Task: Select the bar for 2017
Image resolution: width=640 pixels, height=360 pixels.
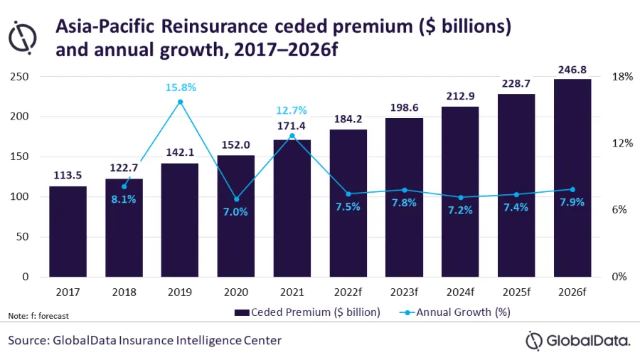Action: pyautogui.click(x=68, y=231)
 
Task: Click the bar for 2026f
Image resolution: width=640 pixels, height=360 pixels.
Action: pyautogui.click(x=572, y=178)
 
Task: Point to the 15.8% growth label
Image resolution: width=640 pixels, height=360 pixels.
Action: pyautogui.click(x=180, y=88)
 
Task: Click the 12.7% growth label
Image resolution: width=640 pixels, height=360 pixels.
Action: pyautogui.click(x=292, y=110)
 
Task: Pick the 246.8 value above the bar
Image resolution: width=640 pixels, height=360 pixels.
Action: pyautogui.click(x=573, y=70)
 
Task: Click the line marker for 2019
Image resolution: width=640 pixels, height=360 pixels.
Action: pyautogui.click(x=180, y=102)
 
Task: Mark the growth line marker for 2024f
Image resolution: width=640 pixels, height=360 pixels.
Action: pyautogui.click(x=461, y=197)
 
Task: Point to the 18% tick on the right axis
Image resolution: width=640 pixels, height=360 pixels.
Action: pyautogui.click(x=623, y=77)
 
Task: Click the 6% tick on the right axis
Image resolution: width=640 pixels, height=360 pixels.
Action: pyautogui.click(x=623, y=210)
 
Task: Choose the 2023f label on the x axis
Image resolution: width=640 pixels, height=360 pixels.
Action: pyautogui.click(x=405, y=292)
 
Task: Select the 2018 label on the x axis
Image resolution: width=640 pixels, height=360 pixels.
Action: pyautogui.click(x=124, y=292)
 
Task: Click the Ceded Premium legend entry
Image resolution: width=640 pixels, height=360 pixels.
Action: pyautogui.click(x=309, y=312)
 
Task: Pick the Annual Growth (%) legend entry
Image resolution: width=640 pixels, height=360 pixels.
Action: pyautogui.click(x=454, y=312)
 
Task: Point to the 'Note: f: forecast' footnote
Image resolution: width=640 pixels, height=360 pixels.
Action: pyautogui.click(x=38, y=315)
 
